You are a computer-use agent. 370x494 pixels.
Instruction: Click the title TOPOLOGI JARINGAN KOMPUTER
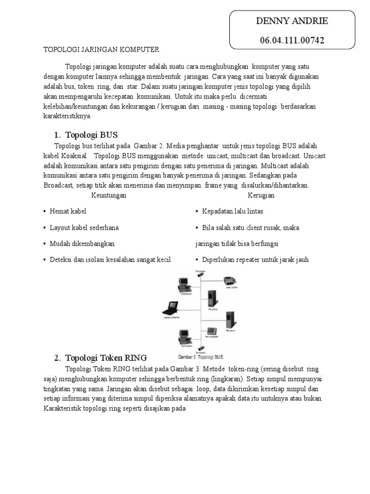[x=101, y=49]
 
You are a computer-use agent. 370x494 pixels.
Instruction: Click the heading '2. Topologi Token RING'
[x=100, y=357]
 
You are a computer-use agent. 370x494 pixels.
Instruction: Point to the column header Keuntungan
[x=108, y=195]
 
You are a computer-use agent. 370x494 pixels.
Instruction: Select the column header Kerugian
[x=261, y=195]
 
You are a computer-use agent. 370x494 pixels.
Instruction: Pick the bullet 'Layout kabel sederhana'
[x=82, y=227]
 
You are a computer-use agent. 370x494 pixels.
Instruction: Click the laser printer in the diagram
[x=230, y=281]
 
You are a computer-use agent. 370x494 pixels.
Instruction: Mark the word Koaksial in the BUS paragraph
[x=72, y=155]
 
